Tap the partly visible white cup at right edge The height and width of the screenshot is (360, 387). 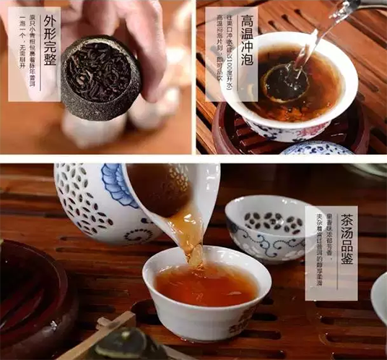[380, 296]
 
